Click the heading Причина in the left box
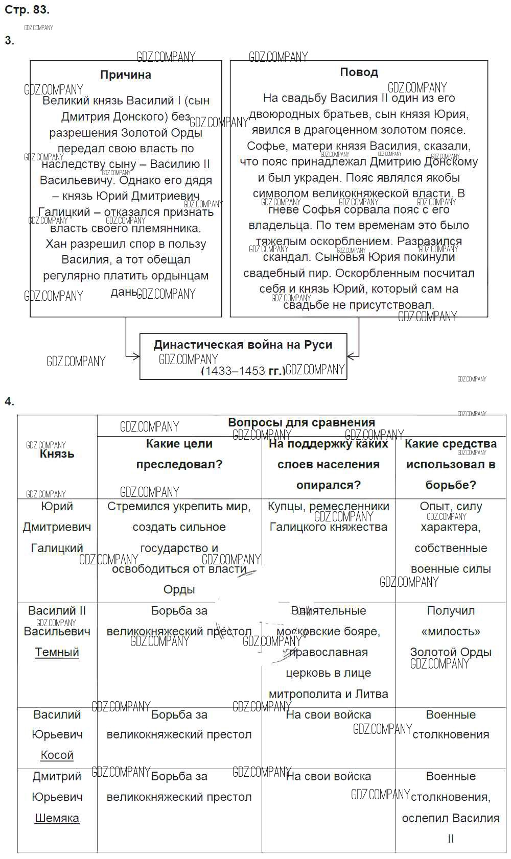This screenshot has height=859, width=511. pos(126,75)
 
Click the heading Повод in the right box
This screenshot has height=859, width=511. pos(359,72)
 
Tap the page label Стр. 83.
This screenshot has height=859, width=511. pos(27,9)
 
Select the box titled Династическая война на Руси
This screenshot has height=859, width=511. pos(243,356)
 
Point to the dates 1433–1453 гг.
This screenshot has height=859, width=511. pos(243,370)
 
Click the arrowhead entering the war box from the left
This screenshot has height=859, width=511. pos(136,356)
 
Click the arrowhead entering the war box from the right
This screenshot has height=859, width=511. pos(351,356)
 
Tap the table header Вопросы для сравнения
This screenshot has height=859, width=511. pos(301,422)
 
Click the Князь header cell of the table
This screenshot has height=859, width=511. pos(57,454)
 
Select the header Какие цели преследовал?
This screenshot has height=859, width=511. pos(179,454)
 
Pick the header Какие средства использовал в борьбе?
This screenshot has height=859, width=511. pos(450,464)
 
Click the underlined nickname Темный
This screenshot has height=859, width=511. pos(57,652)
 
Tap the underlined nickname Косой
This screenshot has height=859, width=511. pos(57,755)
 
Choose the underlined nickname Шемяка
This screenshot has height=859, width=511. pos(57,818)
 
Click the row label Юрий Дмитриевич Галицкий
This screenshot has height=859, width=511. pos(57,527)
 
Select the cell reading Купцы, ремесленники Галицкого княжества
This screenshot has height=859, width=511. pos(328,516)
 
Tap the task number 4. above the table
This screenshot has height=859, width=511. pos(9,401)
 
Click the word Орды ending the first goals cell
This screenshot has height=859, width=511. pos(179,589)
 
